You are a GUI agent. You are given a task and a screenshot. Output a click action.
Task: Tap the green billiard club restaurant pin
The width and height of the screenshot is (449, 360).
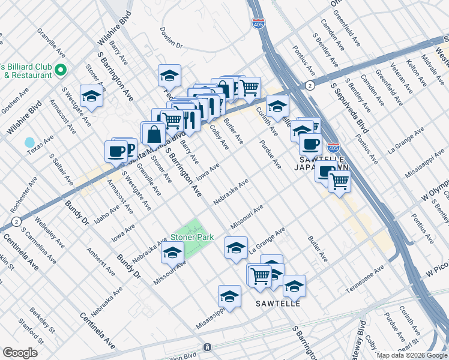[60, 71]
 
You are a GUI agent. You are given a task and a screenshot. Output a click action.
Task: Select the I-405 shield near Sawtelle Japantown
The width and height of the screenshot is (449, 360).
[334, 147]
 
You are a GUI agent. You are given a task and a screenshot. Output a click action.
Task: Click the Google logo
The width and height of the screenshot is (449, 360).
[20, 353]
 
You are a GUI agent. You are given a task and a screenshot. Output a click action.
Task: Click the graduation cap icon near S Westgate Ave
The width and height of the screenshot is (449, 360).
[91, 96]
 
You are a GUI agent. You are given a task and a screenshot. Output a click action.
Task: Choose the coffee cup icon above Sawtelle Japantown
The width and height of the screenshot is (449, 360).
[310, 143]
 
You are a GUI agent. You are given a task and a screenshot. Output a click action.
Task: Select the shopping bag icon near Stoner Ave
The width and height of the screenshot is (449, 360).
[152, 132]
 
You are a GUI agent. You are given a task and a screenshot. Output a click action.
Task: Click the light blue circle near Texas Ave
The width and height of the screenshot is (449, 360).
[29, 143]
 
